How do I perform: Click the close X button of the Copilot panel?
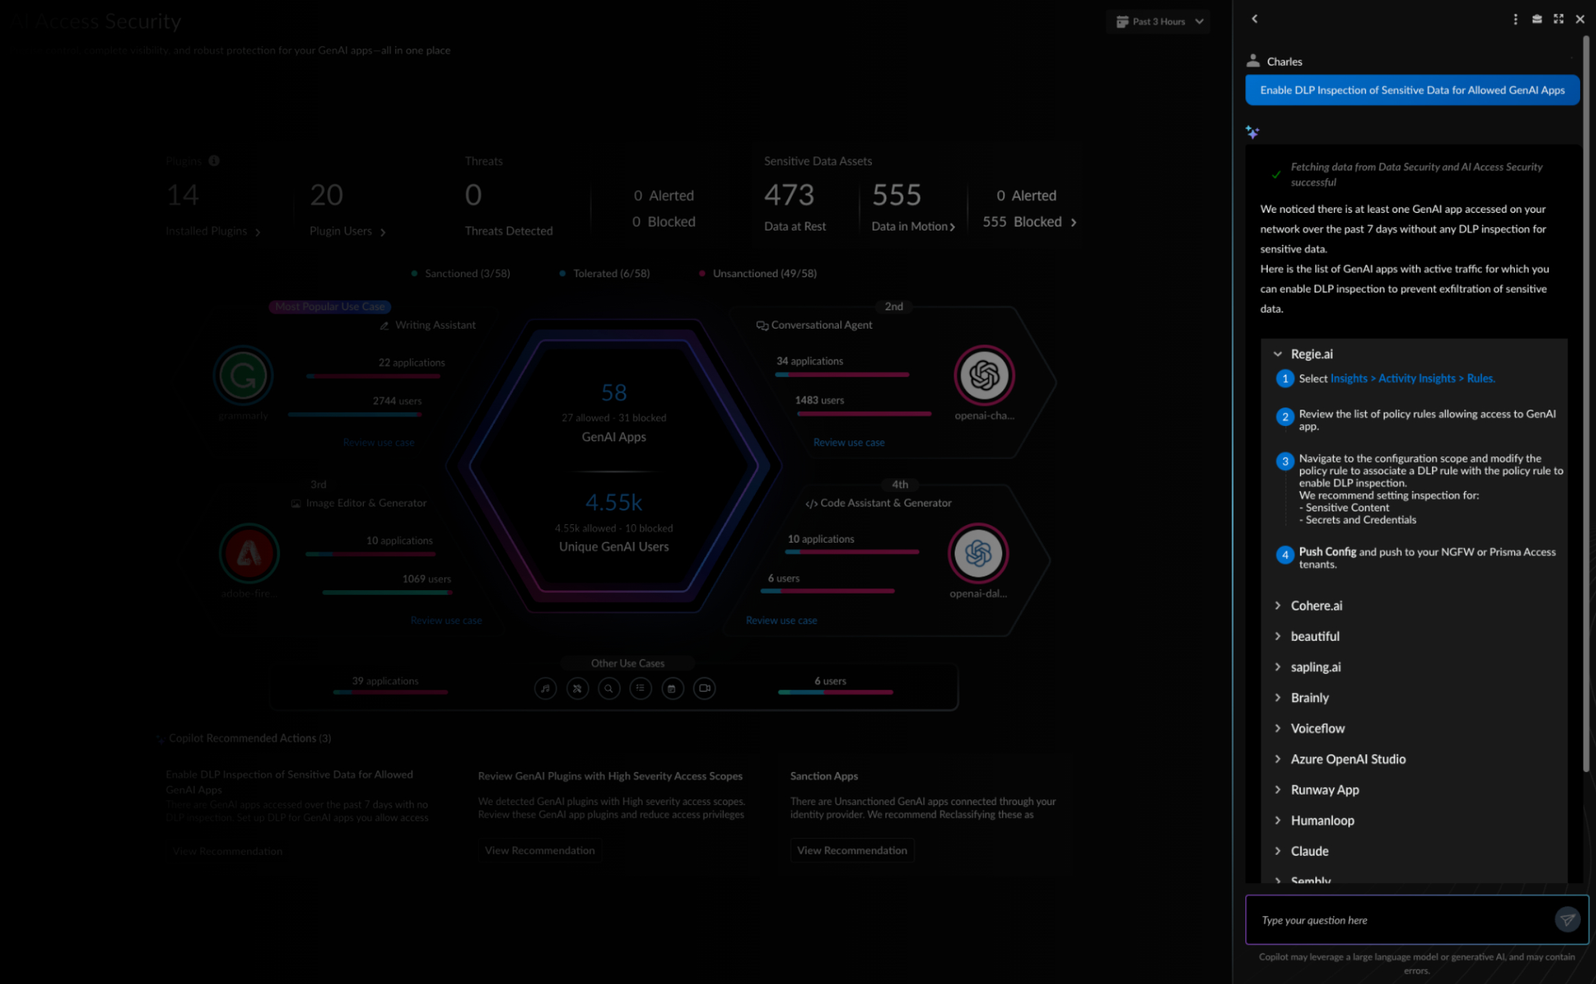[x=1580, y=19]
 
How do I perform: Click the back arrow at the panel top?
[x=1254, y=19]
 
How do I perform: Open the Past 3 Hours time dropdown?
[x=1159, y=22]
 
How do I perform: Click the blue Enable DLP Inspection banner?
[x=1411, y=91]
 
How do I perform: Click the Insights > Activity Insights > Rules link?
[x=1412, y=379]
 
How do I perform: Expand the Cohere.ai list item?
[x=1316, y=606]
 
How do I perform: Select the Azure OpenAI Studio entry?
[x=1348, y=760]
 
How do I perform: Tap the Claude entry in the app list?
[x=1309, y=852]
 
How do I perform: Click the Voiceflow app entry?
[x=1317, y=729]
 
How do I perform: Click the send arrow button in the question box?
[x=1566, y=919]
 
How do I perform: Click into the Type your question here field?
[x=1400, y=920]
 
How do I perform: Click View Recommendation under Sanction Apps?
[x=851, y=851]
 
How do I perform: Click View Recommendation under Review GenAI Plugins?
[x=540, y=851]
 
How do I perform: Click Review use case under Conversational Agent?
[x=848, y=443]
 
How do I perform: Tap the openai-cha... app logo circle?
[x=984, y=376]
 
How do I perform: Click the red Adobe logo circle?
[x=249, y=554]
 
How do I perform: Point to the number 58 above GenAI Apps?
[x=614, y=393]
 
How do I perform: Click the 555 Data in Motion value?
[x=897, y=196]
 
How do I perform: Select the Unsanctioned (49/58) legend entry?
[x=764, y=274]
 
